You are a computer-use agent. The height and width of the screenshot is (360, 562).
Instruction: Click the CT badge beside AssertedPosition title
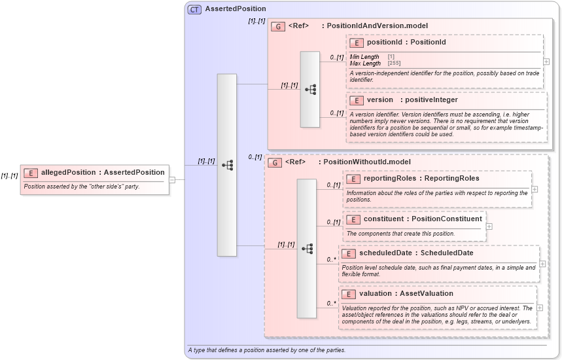click(x=194, y=9)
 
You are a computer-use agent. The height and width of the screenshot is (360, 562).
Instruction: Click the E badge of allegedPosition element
click(x=30, y=173)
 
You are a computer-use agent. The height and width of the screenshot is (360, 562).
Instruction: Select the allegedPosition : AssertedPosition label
click(x=103, y=173)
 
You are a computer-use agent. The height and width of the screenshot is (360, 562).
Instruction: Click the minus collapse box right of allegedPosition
click(x=172, y=179)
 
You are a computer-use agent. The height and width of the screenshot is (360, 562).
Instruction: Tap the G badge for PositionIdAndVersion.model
click(x=278, y=26)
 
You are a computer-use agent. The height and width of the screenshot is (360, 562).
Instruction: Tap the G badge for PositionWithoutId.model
click(x=275, y=162)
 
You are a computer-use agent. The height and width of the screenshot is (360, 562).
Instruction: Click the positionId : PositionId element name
click(x=406, y=43)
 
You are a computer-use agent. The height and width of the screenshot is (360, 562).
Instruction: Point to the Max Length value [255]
click(x=394, y=63)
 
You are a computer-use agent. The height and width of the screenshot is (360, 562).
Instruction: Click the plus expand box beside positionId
click(x=546, y=61)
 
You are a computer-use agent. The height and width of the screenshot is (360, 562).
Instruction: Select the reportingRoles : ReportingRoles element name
click(x=421, y=179)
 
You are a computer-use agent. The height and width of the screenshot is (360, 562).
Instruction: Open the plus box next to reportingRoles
click(x=535, y=189)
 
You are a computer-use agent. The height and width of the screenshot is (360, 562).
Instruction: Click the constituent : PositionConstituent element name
click(x=423, y=219)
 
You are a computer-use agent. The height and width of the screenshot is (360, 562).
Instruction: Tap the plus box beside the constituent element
click(x=489, y=226)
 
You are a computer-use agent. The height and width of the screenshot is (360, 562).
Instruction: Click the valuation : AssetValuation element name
click(x=406, y=294)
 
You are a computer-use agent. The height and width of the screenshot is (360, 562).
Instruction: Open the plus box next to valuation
click(x=540, y=307)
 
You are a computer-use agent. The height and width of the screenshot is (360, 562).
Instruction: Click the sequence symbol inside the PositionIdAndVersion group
click(x=310, y=89)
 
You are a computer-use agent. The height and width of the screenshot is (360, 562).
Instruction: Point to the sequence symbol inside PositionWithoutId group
click(x=307, y=249)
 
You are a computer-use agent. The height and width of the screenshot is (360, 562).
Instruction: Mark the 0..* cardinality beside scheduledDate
click(x=331, y=260)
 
